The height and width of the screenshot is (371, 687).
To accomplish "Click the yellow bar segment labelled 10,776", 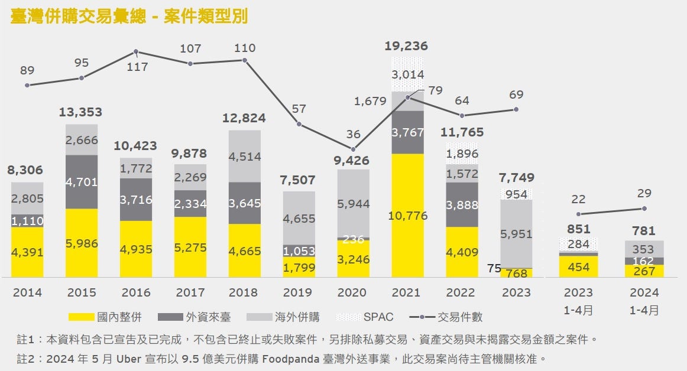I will (x=407, y=216).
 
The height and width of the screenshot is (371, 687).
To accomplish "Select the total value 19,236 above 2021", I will (x=407, y=46).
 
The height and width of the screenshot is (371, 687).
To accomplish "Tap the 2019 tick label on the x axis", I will (x=298, y=292).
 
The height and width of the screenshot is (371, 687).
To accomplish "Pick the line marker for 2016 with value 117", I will (x=136, y=52).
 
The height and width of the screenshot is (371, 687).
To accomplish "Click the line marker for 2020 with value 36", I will (x=354, y=149).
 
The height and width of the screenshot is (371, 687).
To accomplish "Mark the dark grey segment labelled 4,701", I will (x=82, y=181).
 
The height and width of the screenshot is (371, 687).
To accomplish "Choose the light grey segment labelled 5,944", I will (x=353, y=204).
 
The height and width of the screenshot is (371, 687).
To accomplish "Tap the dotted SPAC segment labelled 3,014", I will (x=407, y=74).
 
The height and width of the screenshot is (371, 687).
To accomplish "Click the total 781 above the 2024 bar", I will (x=644, y=231).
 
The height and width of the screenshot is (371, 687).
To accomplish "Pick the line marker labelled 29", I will (x=644, y=208).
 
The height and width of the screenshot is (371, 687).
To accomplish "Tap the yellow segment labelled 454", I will (x=578, y=267).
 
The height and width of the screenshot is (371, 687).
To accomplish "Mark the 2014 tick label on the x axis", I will (x=27, y=292).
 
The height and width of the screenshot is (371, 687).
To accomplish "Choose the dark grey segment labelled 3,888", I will (x=462, y=204).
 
